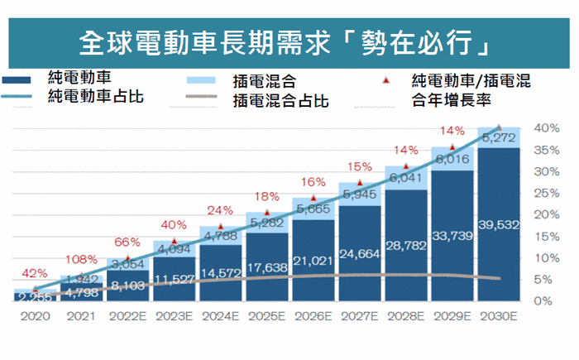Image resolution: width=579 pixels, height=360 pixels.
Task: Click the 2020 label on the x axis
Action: tap(36, 316)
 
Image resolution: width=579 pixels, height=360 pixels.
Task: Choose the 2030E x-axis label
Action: tap(500, 316)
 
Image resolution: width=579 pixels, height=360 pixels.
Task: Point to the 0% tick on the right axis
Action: tap(545, 300)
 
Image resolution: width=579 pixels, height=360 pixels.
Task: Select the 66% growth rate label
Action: tap(127, 242)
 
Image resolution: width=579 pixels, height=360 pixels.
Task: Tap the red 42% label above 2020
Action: tap(35, 273)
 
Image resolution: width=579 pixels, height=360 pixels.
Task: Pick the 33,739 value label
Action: tap(452, 234)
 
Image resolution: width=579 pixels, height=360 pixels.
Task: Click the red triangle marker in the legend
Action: tap(387, 81)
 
